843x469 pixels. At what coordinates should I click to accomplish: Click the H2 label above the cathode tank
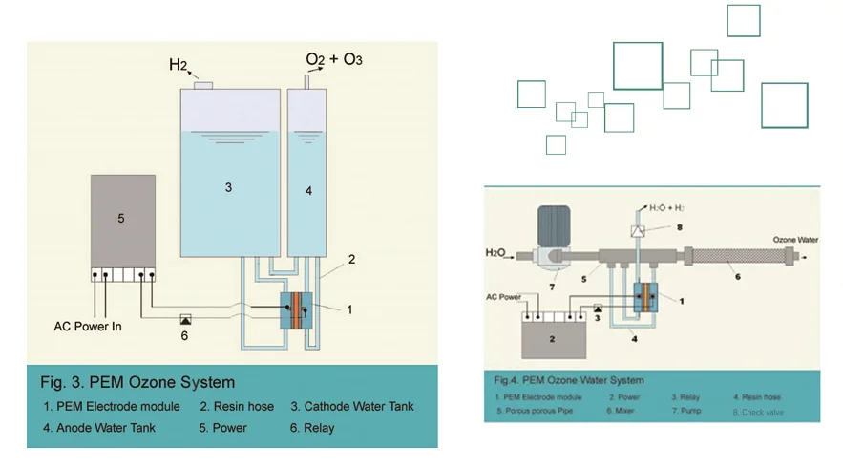click(179, 65)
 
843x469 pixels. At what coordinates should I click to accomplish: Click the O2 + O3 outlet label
click(333, 60)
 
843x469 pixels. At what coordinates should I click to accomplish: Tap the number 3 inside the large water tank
click(228, 188)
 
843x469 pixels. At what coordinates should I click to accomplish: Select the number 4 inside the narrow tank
click(307, 191)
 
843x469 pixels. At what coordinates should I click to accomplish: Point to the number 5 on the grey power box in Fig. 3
click(121, 219)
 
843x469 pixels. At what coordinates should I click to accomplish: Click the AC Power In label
click(88, 327)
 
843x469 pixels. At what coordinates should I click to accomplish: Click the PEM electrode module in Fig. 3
click(296, 310)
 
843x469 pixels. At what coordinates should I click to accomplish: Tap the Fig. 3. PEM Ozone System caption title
click(137, 383)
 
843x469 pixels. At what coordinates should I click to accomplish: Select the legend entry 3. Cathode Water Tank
click(352, 407)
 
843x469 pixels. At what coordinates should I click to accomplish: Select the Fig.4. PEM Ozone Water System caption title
click(569, 380)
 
